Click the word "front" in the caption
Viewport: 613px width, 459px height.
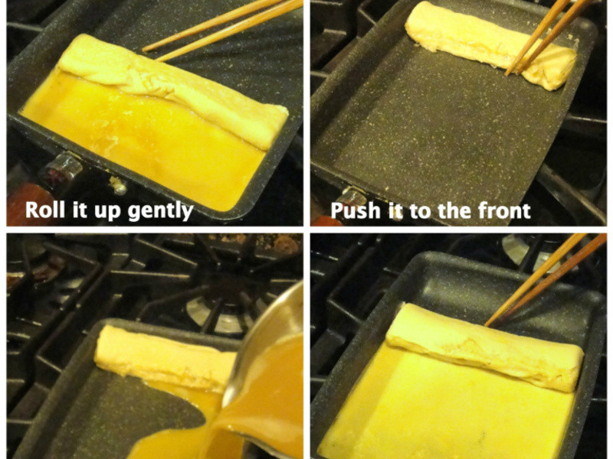(501, 210)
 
